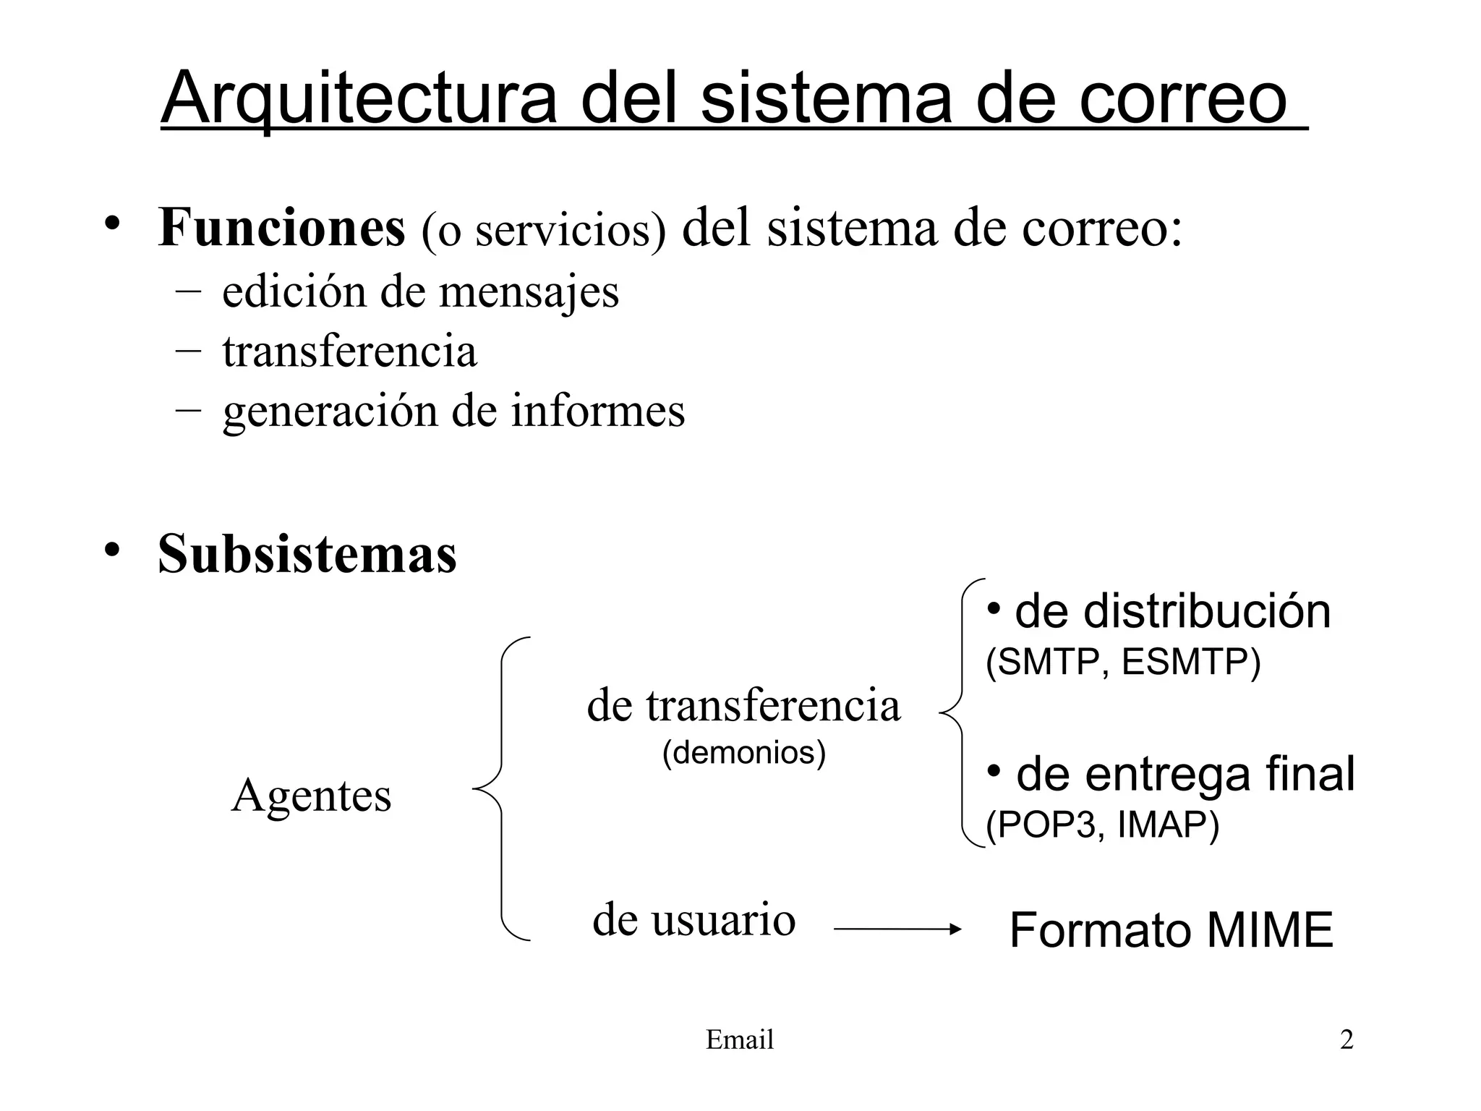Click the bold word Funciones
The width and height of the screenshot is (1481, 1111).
click(281, 228)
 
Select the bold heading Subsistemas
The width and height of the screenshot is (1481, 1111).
click(307, 554)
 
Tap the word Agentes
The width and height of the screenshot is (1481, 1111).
click(311, 796)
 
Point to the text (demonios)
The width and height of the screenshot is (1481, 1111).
click(744, 753)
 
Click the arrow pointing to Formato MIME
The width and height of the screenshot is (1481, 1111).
click(897, 929)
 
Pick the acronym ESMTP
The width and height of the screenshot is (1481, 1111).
click(1190, 662)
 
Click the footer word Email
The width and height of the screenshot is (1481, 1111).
click(740, 1040)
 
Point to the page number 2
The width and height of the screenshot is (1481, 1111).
click(1346, 1040)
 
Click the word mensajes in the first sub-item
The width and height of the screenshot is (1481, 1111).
click(529, 292)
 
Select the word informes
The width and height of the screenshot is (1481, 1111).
click(598, 411)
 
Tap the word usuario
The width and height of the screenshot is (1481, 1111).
click(724, 920)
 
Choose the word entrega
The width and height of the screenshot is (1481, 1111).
click(1168, 775)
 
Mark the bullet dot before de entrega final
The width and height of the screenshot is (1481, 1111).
click(995, 771)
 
